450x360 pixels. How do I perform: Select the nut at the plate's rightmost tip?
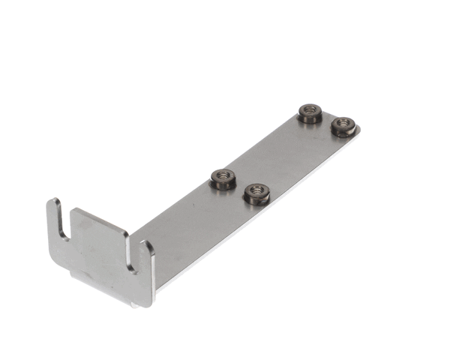coord(343,125)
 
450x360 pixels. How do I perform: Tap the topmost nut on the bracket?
coord(309,113)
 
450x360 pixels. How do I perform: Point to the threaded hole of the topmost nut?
coord(309,110)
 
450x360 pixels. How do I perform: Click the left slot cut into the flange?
coord(65,225)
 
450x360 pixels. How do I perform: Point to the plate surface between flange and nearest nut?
coord(176,217)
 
